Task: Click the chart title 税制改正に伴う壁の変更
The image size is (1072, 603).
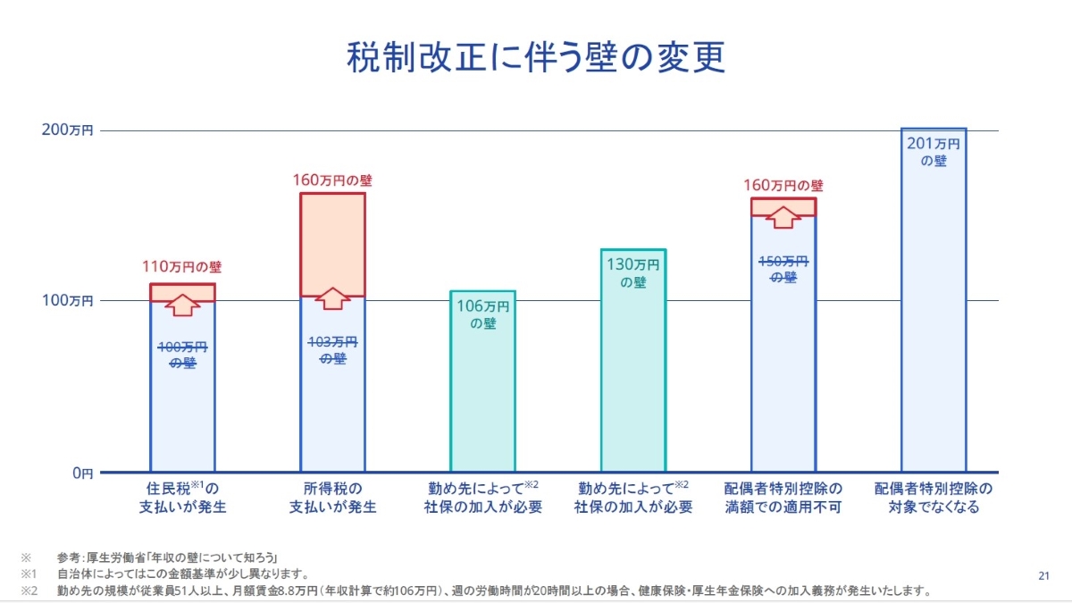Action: coord(535,56)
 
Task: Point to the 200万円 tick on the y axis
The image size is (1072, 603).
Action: coord(68,130)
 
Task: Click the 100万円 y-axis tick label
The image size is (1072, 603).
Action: coord(68,301)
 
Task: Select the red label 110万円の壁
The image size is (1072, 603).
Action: coord(182,266)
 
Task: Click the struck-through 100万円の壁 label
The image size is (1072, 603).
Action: coord(182,355)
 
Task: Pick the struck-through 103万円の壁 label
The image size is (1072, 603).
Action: coord(332,349)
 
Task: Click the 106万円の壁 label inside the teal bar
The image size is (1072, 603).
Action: coord(482,314)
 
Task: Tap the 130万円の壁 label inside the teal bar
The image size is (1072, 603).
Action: coord(632,272)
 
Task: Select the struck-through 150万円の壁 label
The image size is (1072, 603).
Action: coord(783,269)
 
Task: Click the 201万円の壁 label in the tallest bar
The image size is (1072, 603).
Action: coord(934,152)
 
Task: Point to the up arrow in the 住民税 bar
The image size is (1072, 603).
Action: coord(182,304)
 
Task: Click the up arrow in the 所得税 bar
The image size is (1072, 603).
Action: coord(332,298)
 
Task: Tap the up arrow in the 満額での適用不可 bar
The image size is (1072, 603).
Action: coord(783,217)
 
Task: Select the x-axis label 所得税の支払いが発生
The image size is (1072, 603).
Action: coord(332,498)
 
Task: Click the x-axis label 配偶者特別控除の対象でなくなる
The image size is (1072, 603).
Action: coord(934,498)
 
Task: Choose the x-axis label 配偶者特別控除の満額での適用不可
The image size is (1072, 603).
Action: coord(783,498)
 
